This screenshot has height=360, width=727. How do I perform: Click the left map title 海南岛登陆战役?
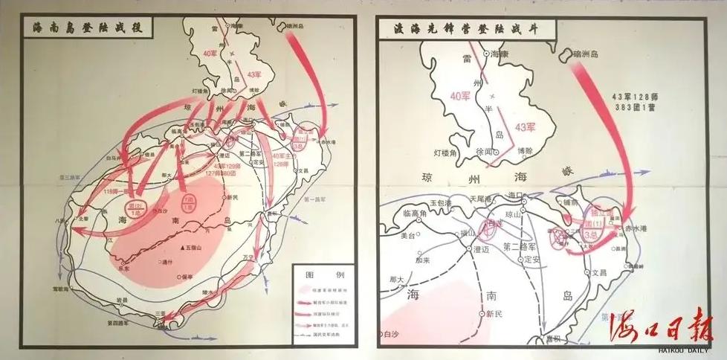pos(87,29)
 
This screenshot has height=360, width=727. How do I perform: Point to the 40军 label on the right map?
pos(460,95)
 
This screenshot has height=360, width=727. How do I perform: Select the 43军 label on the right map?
pos(524,126)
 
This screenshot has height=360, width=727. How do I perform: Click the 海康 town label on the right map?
pos(500,54)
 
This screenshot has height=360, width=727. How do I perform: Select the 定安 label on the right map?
pos(533,260)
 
